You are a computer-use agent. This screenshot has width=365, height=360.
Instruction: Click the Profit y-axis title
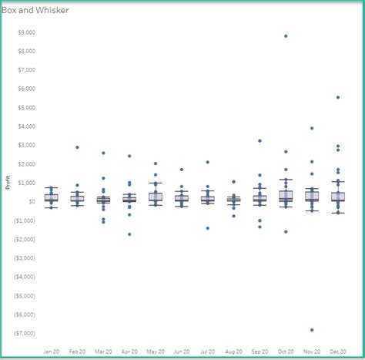(8, 182)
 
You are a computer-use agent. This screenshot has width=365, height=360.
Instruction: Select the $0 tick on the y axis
(32, 202)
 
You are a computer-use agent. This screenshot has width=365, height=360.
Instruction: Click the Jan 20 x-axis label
(52, 352)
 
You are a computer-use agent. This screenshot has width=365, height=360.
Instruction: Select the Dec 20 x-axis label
(337, 352)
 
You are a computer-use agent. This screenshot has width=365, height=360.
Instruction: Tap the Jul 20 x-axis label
(207, 352)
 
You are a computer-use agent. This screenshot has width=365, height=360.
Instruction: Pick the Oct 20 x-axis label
(285, 352)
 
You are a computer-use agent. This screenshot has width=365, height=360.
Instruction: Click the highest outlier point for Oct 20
(286, 36)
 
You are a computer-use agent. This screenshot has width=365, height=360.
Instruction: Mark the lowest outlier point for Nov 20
(312, 330)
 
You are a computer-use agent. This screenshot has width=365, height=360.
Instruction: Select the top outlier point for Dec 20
(337, 97)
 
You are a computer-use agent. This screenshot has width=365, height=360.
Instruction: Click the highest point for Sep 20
(260, 141)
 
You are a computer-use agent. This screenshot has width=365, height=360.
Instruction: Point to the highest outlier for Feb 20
(77, 147)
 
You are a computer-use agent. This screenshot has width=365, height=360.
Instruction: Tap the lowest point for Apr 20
(129, 234)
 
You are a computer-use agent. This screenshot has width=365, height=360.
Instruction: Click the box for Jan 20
(52, 197)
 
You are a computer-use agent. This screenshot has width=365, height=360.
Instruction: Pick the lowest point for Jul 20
(207, 228)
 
